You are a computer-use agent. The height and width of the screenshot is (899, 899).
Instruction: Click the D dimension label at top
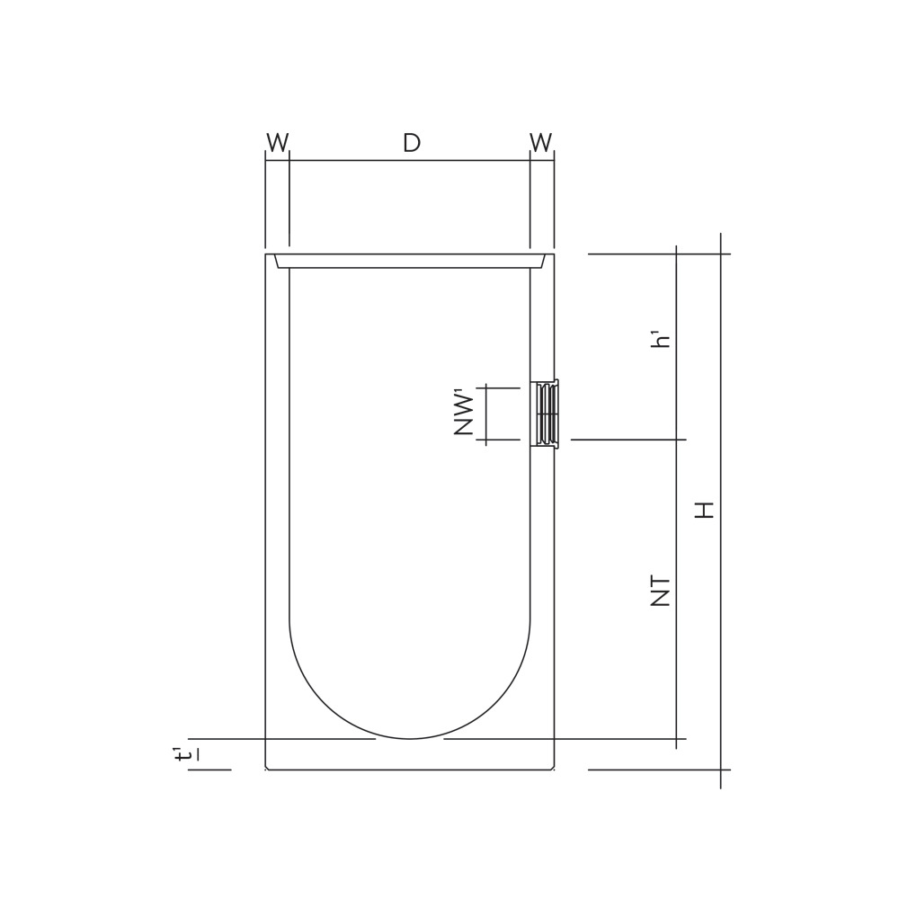pyautogui.click(x=412, y=142)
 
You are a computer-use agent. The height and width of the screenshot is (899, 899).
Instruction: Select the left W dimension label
pyautogui.click(x=278, y=142)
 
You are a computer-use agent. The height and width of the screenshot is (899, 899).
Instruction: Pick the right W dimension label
pyautogui.click(x=541, y=142)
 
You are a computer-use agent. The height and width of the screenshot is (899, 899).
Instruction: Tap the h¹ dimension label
pyautogui.click(x=663, y=340)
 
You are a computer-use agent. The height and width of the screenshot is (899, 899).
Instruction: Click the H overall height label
pyautogui.click(x=705, y=510)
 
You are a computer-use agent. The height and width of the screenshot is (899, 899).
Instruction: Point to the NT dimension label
pyautogui.click(x=661, y=592)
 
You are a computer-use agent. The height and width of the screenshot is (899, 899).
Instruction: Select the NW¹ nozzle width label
pyautogui.click(x=465, y=414)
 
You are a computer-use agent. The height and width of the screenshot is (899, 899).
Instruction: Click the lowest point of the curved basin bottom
pyautogui.click(x=409, y=739)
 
